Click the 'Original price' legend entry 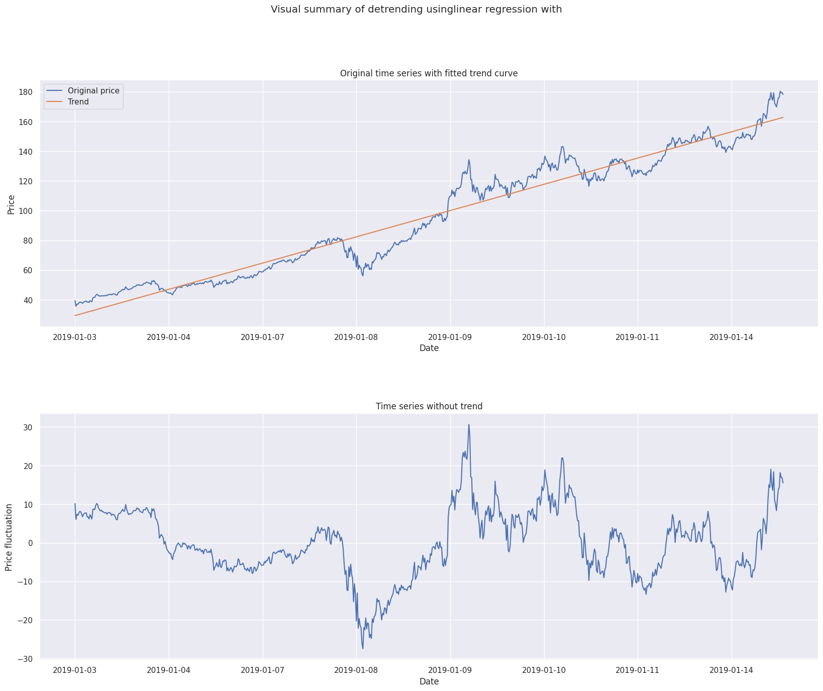(93, 91)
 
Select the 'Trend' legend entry (78, 101)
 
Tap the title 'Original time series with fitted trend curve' (429, 73)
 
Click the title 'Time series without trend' (429, 406)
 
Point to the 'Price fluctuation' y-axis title (9, 537)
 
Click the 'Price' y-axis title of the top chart (11, 203)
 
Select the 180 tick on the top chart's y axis (26, 92)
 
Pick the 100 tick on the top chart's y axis (26, 211)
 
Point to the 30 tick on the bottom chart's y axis (28, 427)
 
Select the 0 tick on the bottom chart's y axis (30, 543)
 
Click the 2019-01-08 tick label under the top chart (356, 337)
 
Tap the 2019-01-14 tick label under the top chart (732, 337)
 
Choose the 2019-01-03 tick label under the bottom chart (75, 670)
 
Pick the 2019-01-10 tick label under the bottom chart (544, 670)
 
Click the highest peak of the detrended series (469, 424)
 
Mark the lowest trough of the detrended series (363, 648)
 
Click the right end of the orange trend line (783, 118)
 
